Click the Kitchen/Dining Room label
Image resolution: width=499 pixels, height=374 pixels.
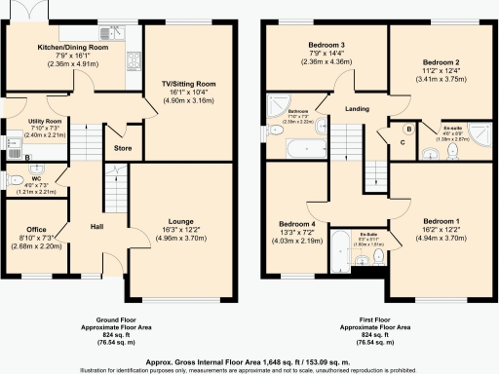pos(71,46)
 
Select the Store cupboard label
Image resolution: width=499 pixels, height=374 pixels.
pos(123,149)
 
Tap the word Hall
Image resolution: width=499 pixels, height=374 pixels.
pos(96,226)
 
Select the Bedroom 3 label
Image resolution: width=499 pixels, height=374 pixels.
pos(326,45)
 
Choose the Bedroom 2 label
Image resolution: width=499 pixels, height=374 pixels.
pos(441,63)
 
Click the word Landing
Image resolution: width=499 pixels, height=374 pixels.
pos(357,109)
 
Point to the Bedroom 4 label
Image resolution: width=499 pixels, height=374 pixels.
pos(295,222)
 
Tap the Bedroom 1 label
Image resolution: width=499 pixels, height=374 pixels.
pos(443,221)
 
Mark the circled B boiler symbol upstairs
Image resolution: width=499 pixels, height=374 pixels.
pos(408,129)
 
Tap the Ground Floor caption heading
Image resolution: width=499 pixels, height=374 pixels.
pos(123,319)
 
